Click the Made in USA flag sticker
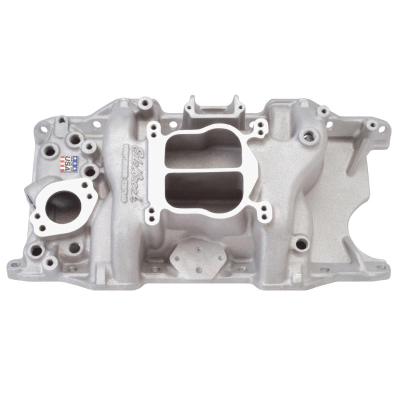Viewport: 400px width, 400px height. coord(69,163)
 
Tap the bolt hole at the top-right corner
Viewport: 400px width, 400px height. coord(372,125)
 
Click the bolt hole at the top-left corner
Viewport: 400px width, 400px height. coord(62,120)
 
